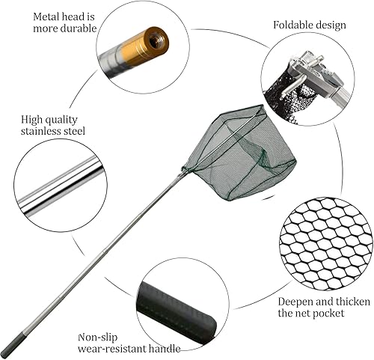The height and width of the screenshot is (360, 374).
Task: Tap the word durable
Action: tap(79, 28)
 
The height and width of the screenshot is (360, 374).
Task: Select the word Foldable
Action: tap(293, 25)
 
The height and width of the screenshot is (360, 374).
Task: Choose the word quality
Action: tap(59, 120)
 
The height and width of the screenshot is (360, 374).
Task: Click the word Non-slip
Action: tap(97, 338)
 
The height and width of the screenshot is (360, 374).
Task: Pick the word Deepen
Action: tap(295, 302)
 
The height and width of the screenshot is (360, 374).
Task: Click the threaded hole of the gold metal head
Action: tap(157, 40)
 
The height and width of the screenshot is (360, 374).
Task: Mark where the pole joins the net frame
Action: tap(185, 170)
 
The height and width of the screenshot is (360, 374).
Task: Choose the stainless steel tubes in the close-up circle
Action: tap(61, 186)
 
